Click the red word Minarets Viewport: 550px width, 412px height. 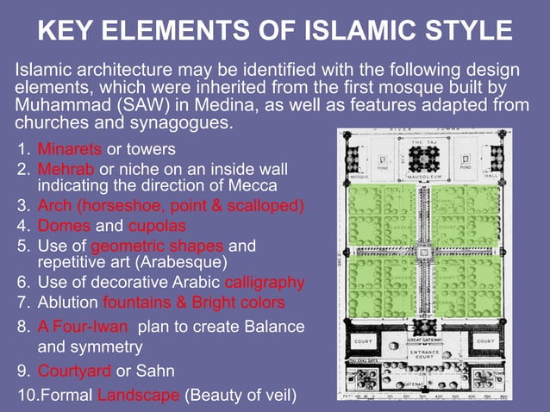coord(70,149)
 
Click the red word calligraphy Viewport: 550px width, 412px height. coord(264,282)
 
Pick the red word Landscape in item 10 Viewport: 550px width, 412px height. coord(138,396)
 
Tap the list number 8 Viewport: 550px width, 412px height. coord(22,328)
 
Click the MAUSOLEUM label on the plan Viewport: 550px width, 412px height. coord(425,177)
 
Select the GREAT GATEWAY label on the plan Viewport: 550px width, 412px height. coord(425,340)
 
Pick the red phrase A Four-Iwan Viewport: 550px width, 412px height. coord(84,328)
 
